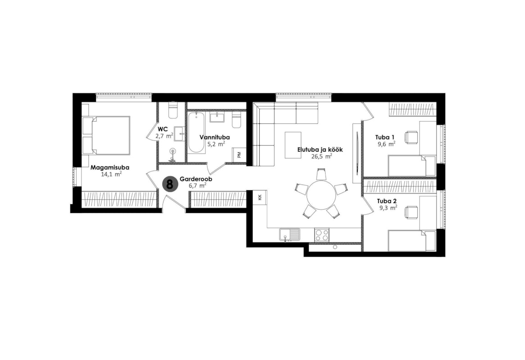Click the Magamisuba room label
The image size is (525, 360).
pyautogui.click(x=110, y=167)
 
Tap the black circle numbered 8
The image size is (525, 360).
pyautogui.click(x=170, y=184)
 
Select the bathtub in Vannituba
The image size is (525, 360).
pyautogui.click(x=196, y=133)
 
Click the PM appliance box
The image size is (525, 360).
pyautogui.click(x=239, y=155)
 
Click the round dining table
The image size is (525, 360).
pyautogui.click(x=321, y=195)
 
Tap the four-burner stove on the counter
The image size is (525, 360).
pyautogui.click(x=322, y=234)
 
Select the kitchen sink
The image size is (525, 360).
pyautogui.click(x=290, y=234)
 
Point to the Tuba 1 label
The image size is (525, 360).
pyautogui.click(x=385, y=137)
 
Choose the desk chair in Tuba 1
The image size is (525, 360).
pyautogui.click(x=412, y=138)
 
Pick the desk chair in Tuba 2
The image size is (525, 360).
pyautogui.click(x=412, y=213)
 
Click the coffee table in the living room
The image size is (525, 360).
pyautogui.click(x=293, y=145)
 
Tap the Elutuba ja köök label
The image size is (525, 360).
pyautogui.click(x=320, y=149)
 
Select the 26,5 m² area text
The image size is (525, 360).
pyautogui.click(x=320, y=156)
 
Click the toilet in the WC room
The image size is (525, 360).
pyautogui.click(x=173, y=110)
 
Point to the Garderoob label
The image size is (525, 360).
pyautogui.click(x=196, y=180)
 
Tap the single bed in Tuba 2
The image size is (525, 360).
pyautogui.click(x=412, y=240)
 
